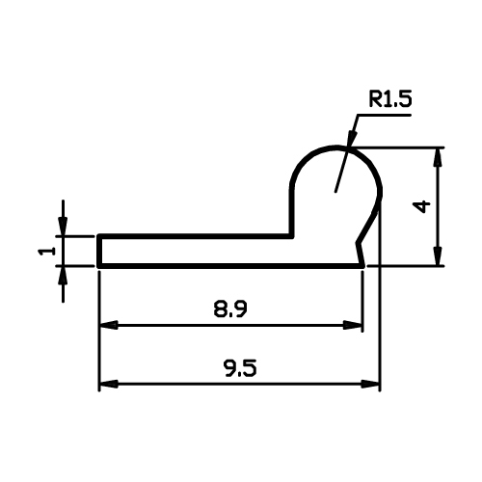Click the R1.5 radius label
(x=390, y=99)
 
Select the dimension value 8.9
(x=230, y=309)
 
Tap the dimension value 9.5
(x=240, y=368)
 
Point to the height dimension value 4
(x=422, y=206)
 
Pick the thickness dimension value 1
(x=46, y=251)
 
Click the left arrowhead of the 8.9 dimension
(x=109, y=325)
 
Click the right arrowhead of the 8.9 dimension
(x=353, y=325)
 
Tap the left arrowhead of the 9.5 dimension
(x=109, y=384)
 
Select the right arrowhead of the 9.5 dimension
(x=370, y=384)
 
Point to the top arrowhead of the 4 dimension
(x=438, y=157)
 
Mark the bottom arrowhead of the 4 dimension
(x=438, y=256)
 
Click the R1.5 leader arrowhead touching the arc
(x=351, y=139)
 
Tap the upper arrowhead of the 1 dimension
(x=63, y=227)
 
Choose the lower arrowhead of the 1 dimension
(x=63, y=276)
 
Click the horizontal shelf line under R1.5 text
(x=385, y=115)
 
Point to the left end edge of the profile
(x=99, y=251)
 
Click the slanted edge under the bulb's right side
(x=368, y=222)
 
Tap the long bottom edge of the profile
(x=230, y=266)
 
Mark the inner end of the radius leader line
(x=335, y=192)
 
